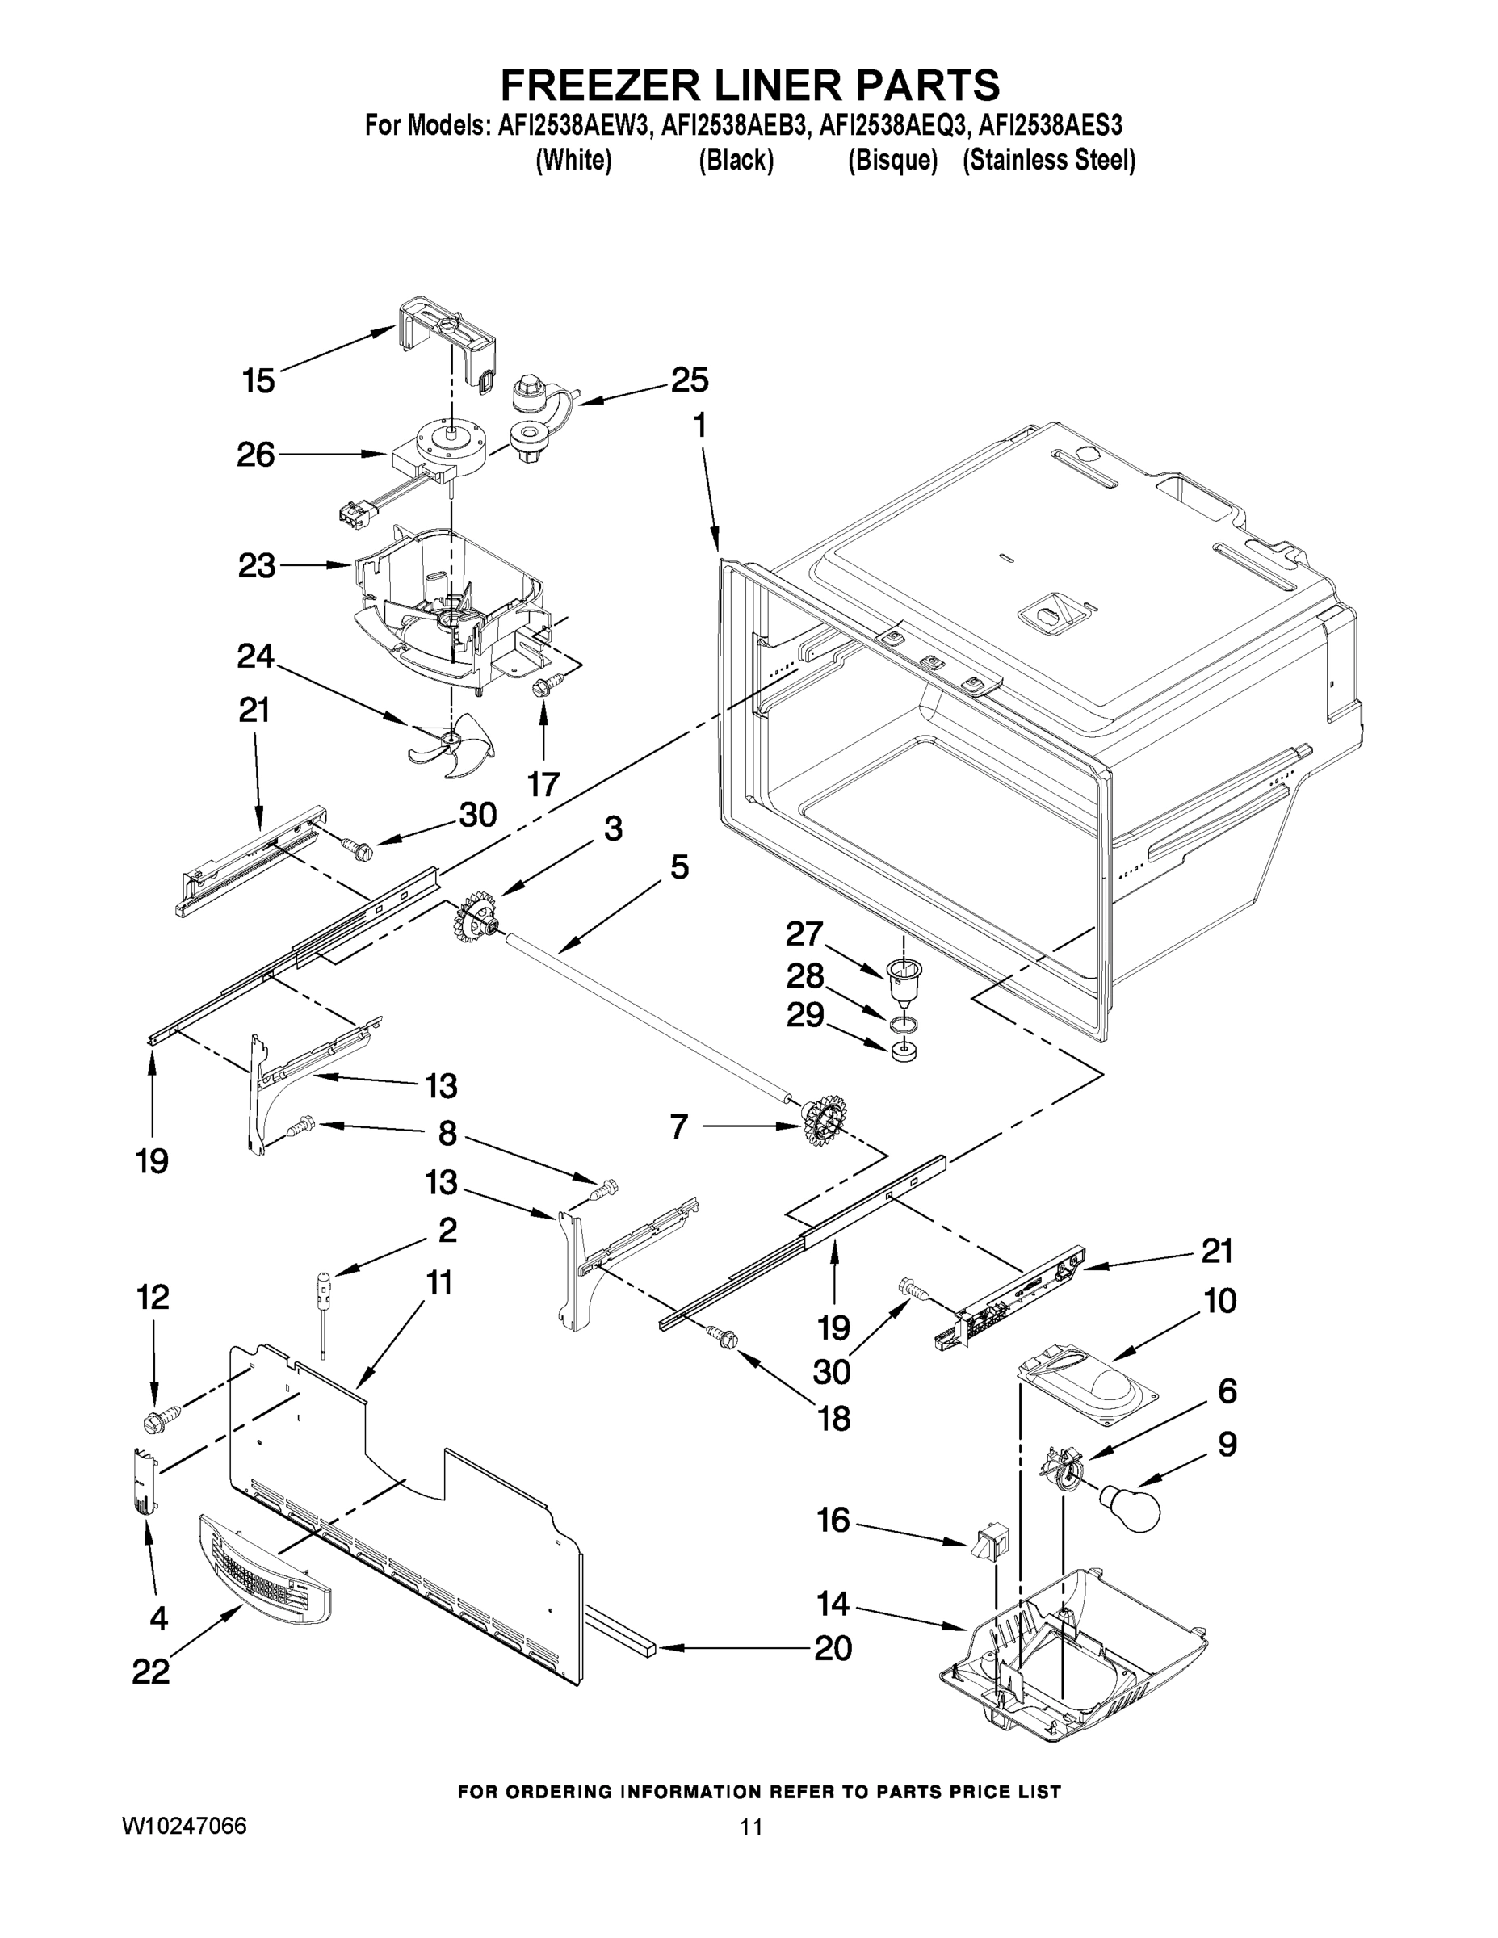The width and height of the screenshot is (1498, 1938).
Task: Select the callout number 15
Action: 258,382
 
